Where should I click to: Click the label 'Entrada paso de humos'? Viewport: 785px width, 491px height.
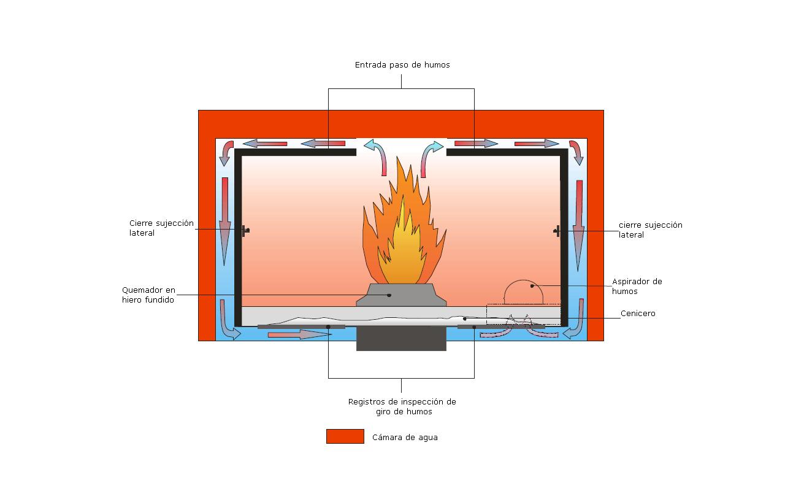[402, 64]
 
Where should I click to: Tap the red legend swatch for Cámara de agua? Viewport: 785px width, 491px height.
[345, 436]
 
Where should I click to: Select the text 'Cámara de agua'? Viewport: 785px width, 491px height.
[405, 438]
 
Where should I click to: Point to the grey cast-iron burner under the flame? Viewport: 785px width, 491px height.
[402, 295]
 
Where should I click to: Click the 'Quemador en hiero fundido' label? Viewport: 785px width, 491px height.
[148, 295]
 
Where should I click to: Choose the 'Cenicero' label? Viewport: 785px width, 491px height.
[638, 314]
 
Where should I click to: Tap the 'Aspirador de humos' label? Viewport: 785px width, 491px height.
[637, 286]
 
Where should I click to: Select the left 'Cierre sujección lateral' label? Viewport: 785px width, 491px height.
[161, 228]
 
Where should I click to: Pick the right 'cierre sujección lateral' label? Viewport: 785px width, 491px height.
[650, 230]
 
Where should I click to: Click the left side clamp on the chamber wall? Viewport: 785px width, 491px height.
[245, 230]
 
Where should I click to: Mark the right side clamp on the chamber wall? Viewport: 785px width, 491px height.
[557, 231]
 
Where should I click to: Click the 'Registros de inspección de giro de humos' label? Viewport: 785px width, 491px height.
[402, 406]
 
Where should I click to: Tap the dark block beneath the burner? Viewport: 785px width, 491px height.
[402, 338]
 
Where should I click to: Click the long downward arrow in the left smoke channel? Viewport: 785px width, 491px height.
[225, 221]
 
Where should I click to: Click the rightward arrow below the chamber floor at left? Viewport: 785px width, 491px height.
[299, 334]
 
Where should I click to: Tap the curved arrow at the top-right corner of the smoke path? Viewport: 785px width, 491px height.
[576, 152]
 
